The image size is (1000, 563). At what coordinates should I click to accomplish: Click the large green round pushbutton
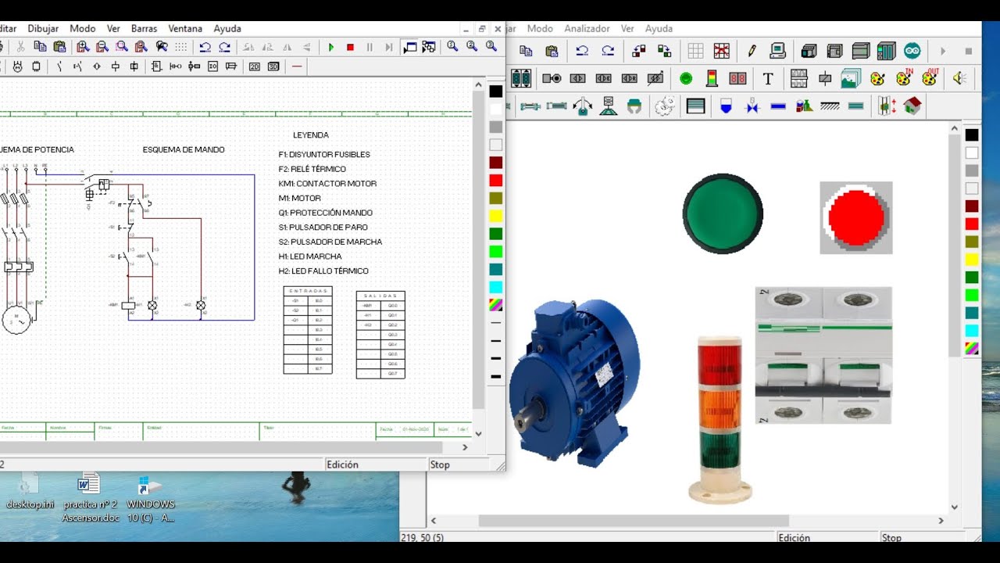[x=723, y=213]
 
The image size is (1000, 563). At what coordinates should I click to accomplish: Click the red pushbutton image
[x=856, y=217]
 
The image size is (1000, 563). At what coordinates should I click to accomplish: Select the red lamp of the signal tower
[x=721, y=361]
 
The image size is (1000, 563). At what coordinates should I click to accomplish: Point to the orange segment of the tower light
[x=721, y=406]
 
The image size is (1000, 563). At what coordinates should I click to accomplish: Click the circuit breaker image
[x=823, y=355]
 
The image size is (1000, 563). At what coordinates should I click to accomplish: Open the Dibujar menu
[x=43, y=28]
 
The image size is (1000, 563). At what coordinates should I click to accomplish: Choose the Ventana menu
[x=185, y=28]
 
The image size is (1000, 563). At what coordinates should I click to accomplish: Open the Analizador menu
[x=587, y=28]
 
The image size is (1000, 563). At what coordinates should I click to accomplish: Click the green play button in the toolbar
[x=331, y=48]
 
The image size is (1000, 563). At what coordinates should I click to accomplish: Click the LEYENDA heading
[x=311, y=135]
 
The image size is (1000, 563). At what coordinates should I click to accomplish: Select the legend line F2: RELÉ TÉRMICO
[x=312, y=169]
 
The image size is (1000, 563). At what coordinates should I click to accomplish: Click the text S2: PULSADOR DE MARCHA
[x=330, y=242]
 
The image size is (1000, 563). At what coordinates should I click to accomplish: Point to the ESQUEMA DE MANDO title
[x=184, y=149]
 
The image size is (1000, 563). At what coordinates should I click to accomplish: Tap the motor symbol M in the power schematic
[x=16, y=319]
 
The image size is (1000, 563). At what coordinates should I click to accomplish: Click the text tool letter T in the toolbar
[x=768, y=78]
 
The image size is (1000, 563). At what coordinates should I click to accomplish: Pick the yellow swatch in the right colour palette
[x=971, y=259]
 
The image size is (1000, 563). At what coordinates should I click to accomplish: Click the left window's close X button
[x=498, y=28]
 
